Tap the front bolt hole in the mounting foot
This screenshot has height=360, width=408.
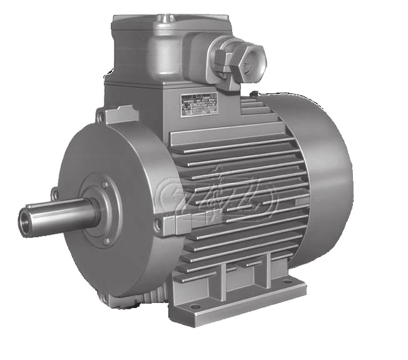(195, 307)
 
